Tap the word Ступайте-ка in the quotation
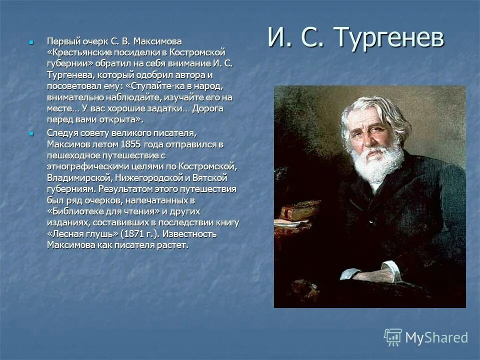(x=157, y=85)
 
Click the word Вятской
(x=211, y=178)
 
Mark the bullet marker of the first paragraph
(x=31, y=41)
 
